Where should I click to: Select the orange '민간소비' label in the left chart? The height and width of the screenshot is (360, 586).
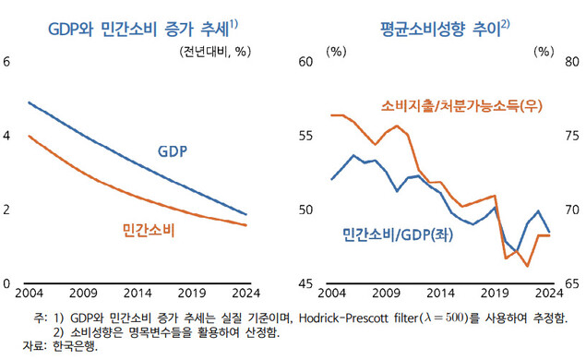(x=149, y=228)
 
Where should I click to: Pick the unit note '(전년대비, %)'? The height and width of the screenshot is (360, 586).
(x=215, y=51)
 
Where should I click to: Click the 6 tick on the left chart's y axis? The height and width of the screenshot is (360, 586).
(x=7, y=62)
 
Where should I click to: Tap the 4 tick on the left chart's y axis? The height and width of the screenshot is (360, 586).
(x=7, y=136)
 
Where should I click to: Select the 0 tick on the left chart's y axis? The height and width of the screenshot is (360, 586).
(x=7, y=283)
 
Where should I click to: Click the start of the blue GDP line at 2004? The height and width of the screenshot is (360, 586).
(x=30, y=102)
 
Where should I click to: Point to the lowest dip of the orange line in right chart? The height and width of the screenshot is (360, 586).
(x=528, y=266)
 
